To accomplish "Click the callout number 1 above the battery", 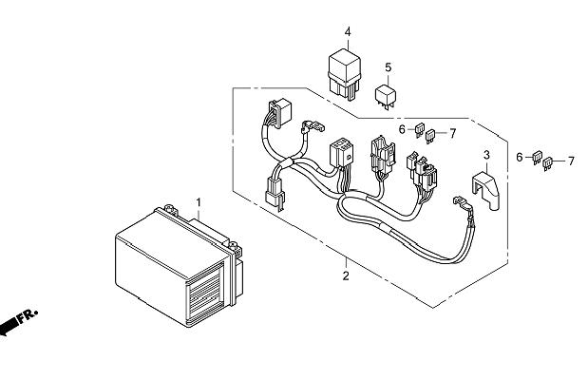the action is pos(199,202).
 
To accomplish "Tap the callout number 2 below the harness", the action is pos(346,275).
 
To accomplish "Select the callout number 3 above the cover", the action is pos(486,155).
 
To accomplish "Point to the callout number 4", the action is pos(348,32).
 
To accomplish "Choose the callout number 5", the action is pos(389,67).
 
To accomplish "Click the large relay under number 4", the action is pos(344,75).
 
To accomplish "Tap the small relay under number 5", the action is pos(385,97).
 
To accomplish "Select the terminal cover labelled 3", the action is pos(486,190).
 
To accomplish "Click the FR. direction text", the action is pos(28,315).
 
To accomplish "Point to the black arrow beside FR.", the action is pos(9,327).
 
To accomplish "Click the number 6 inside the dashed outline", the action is pos(402,130).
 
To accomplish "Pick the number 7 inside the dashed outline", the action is pos(452,133).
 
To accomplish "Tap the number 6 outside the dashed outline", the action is pos(520,157).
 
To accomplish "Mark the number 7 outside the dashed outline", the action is pos(571,161).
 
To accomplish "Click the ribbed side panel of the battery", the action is pos(205,293).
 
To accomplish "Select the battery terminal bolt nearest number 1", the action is pos(171,209).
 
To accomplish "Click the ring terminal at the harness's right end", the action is pos(460,201).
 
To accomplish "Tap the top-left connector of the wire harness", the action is pos(280,113).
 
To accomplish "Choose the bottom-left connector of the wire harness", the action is pos(275,192).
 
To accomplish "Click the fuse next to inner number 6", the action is pos(420,129).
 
